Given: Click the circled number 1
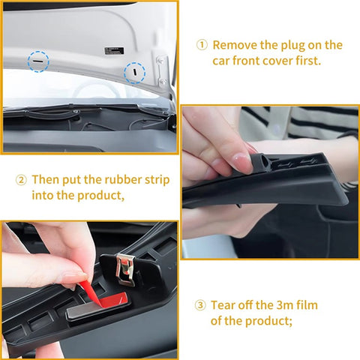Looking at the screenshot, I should coord(202,45).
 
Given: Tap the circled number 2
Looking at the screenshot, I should coord(21,181).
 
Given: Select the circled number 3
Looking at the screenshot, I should coord(201,305).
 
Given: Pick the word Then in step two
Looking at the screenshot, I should coord(46,181).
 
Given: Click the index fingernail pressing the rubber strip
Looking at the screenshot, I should coord(240,162).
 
